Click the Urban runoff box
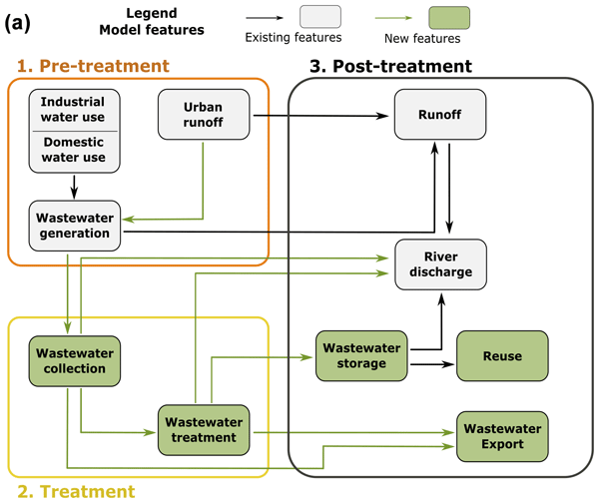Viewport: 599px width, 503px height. (x=204, y=116)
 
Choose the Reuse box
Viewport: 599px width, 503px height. (x=502, y=354)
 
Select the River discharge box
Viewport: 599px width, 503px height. (x=439, y=265)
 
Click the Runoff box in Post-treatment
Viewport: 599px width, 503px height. (x=439, y=116)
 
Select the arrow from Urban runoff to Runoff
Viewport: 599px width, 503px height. (x=319, y=116)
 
